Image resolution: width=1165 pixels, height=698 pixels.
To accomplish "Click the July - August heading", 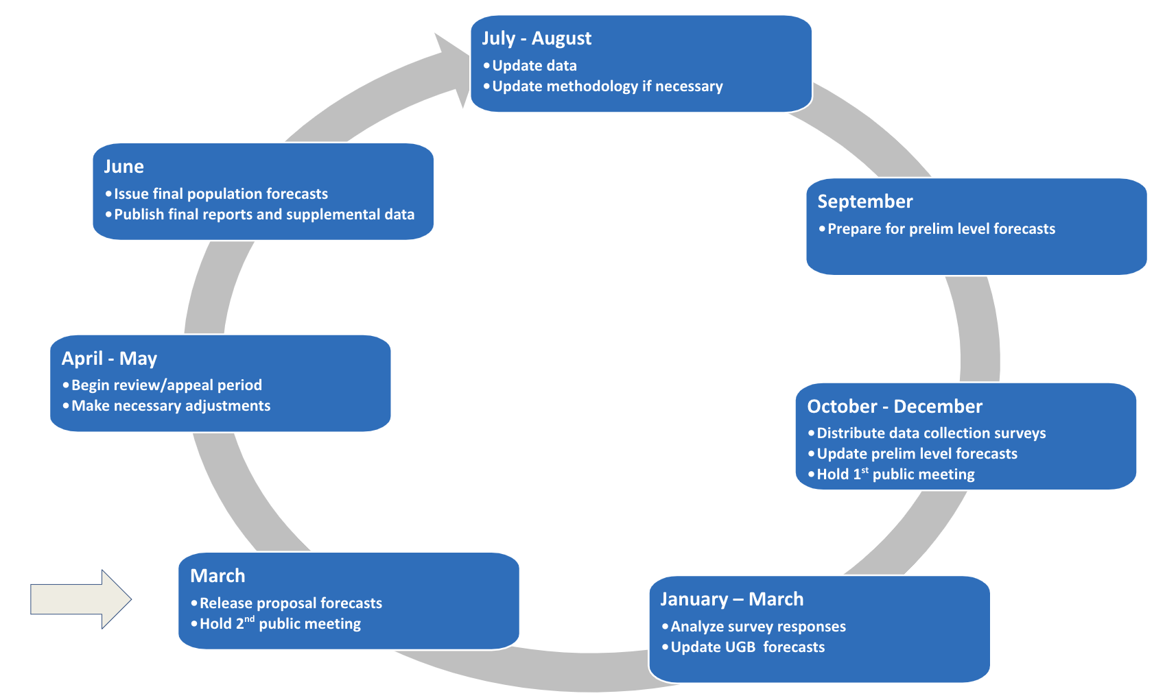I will tap(536, 38).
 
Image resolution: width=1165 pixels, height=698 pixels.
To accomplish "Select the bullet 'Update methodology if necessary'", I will tap(607, 86).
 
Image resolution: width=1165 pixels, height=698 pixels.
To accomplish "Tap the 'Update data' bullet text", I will tap(534, 66).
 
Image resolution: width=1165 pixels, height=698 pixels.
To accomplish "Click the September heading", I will tap(864, 202).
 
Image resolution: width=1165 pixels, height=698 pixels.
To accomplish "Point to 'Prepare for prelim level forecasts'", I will tap(941, 229).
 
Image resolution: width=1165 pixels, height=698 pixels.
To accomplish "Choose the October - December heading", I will tap(894, 407).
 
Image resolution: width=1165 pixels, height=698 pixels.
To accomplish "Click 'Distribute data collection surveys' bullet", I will tap(930, 433).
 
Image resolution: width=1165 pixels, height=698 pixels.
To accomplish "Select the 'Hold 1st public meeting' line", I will tap(895, 474).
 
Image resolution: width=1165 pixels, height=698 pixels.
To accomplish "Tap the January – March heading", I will tap(731, 599).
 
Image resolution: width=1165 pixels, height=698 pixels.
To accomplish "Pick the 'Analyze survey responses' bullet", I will tap(757, 627).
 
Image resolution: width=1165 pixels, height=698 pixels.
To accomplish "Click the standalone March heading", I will tap(217, 576).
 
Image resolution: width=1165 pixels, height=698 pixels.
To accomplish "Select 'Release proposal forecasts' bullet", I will tap(290, 603).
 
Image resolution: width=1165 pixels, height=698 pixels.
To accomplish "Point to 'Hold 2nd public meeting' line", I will tap(279, 624).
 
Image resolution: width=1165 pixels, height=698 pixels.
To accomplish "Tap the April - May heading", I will tap(109, 359).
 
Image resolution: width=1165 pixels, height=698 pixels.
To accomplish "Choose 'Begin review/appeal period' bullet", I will tap(166, 385).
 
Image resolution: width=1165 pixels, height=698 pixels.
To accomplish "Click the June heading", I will tap(123, 167).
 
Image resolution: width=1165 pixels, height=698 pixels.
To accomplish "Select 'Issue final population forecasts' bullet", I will tap(220, 194).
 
